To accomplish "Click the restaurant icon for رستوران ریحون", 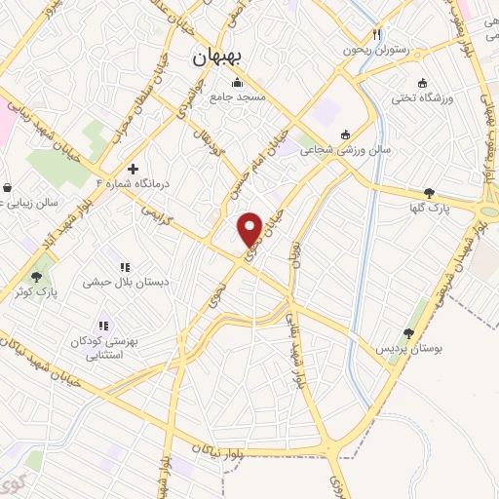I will pyautogui.click(x=387, y=32).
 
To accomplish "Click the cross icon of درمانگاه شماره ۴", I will pyautogui.click(x=133, y=169).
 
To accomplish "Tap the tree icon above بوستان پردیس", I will pyautogui.click(x=408, y=333).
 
